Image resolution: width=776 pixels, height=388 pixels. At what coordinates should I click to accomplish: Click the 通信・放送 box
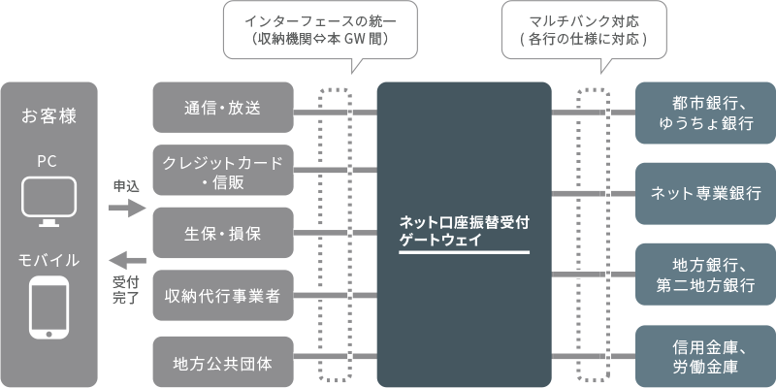pos(223,108)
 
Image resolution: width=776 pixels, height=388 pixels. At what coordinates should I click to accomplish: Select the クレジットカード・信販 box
pos(223,170)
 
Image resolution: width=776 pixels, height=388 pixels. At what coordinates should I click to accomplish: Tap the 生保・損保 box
pos(223,233)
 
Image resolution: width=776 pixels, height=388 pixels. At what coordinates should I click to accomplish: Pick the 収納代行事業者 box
pos(223,296)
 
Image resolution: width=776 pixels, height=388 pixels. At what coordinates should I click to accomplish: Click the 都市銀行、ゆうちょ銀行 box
pos(705,113)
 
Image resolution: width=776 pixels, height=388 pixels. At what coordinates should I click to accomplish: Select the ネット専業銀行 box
pos(705,193)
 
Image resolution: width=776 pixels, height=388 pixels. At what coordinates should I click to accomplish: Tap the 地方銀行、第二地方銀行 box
pos(705,274)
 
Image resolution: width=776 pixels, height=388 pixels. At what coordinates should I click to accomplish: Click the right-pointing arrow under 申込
pos(126,208)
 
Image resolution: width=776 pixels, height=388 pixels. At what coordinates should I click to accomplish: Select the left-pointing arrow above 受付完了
pos(126,260)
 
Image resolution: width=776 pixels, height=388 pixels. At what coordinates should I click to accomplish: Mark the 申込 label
pos(126,185)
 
